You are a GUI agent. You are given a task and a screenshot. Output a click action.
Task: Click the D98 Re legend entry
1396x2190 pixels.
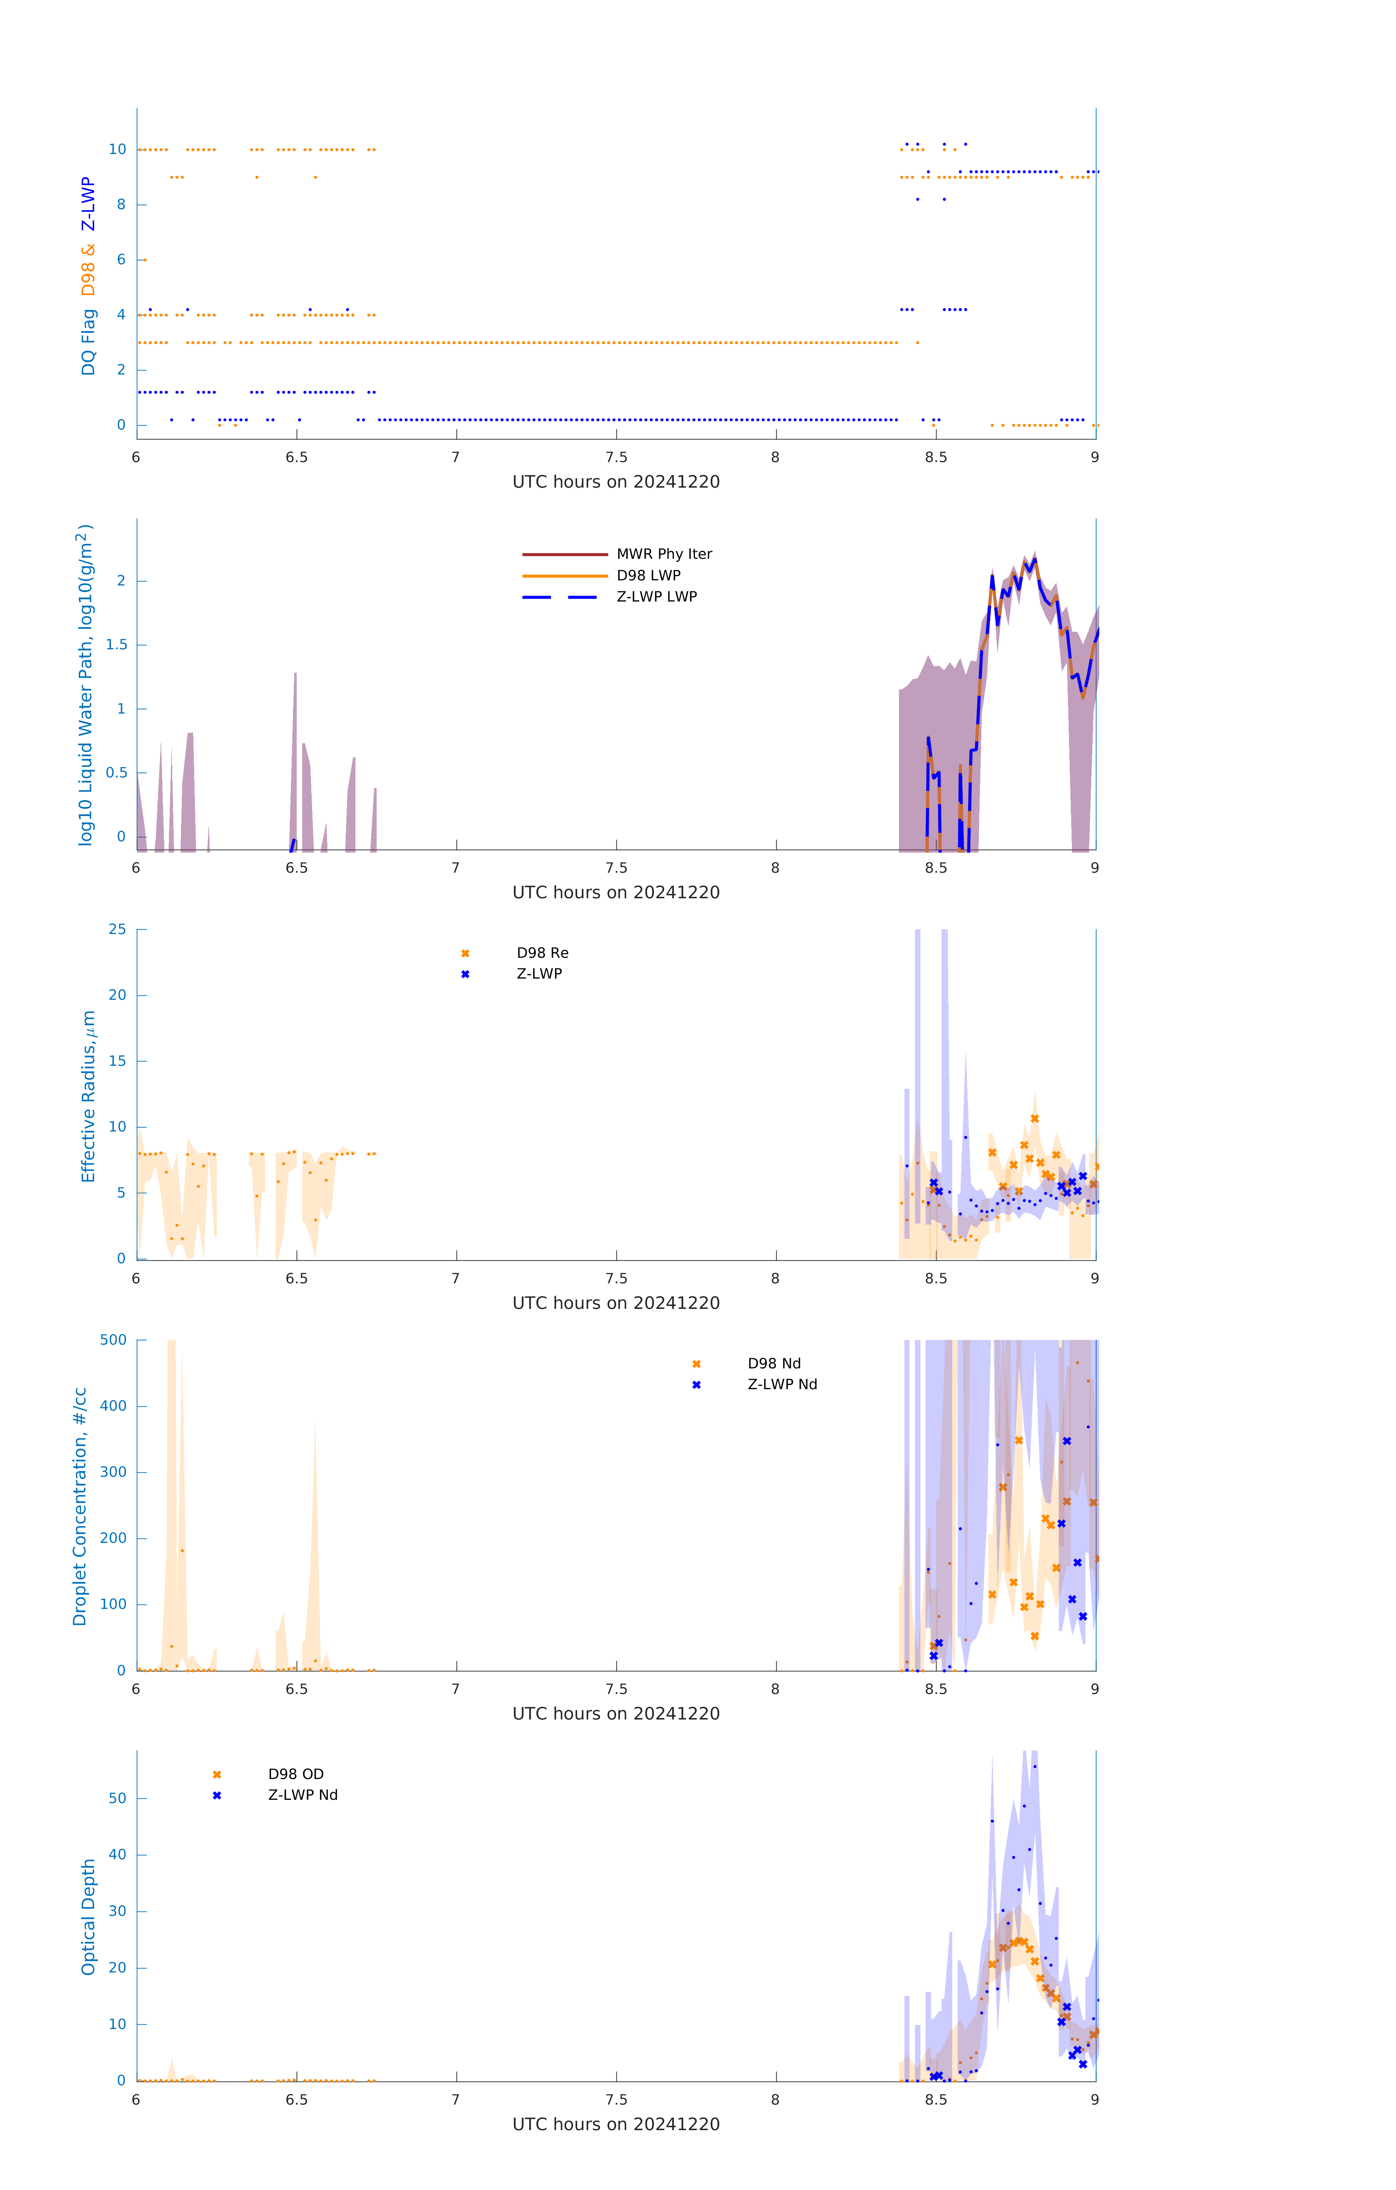click(542, 953)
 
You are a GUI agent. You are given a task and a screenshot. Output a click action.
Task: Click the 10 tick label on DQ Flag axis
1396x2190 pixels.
click(117, 149)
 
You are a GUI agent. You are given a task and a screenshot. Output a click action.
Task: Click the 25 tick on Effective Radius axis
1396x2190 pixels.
click(117, 930)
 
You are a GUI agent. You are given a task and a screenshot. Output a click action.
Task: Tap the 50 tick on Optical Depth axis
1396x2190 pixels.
click(117, 1798)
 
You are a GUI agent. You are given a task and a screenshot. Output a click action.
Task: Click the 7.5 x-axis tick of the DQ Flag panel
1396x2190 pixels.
click(616, 457)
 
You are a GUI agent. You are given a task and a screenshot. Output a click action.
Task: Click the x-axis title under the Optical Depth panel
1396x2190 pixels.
click(616, 2125)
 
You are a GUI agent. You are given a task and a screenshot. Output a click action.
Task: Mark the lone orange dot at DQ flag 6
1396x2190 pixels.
click(145, 260)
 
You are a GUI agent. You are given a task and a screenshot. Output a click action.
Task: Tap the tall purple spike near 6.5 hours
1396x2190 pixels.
click(295, 727)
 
